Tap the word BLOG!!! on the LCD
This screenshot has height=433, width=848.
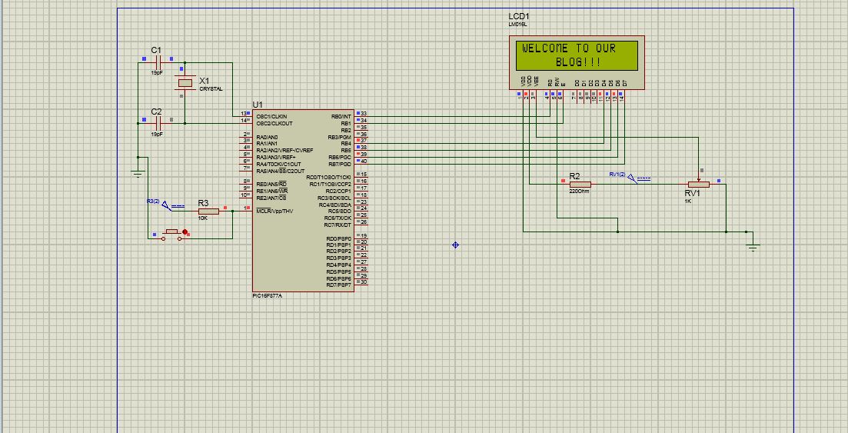[582, 62]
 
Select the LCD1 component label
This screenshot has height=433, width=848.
[519, 16]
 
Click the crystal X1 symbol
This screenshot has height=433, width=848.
[185, 83]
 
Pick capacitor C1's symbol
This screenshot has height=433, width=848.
[157, 62]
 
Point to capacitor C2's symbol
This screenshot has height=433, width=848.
[157, 122]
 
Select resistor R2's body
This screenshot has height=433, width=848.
[579, 184]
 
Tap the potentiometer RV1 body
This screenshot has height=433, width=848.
[698, 185]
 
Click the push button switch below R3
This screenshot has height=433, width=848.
[171, 234]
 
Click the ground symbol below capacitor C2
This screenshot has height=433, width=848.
[138, 173]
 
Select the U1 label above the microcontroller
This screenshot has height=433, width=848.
[258, 105]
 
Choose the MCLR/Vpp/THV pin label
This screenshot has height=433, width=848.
[274, 211]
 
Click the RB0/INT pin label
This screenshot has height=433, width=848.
[341, 116]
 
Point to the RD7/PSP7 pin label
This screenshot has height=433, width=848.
[338, 285]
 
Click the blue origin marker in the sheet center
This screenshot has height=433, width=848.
[456, 245]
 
